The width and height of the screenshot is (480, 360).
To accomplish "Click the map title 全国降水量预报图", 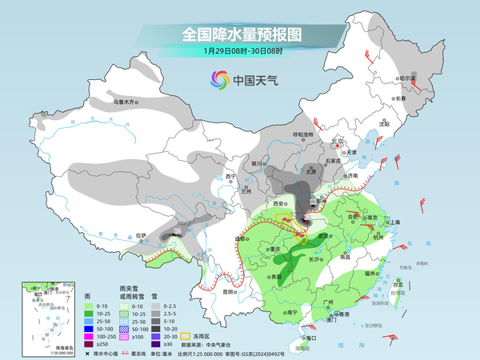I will click(x=240, y=34).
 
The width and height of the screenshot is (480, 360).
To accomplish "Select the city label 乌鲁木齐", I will click(x=126, y=102).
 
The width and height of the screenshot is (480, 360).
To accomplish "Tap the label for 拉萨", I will click(x=141, y=235).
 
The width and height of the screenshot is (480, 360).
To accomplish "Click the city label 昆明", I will click(x=229, y=291).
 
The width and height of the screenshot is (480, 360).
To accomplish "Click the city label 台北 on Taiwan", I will click(x=398, y=283).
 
